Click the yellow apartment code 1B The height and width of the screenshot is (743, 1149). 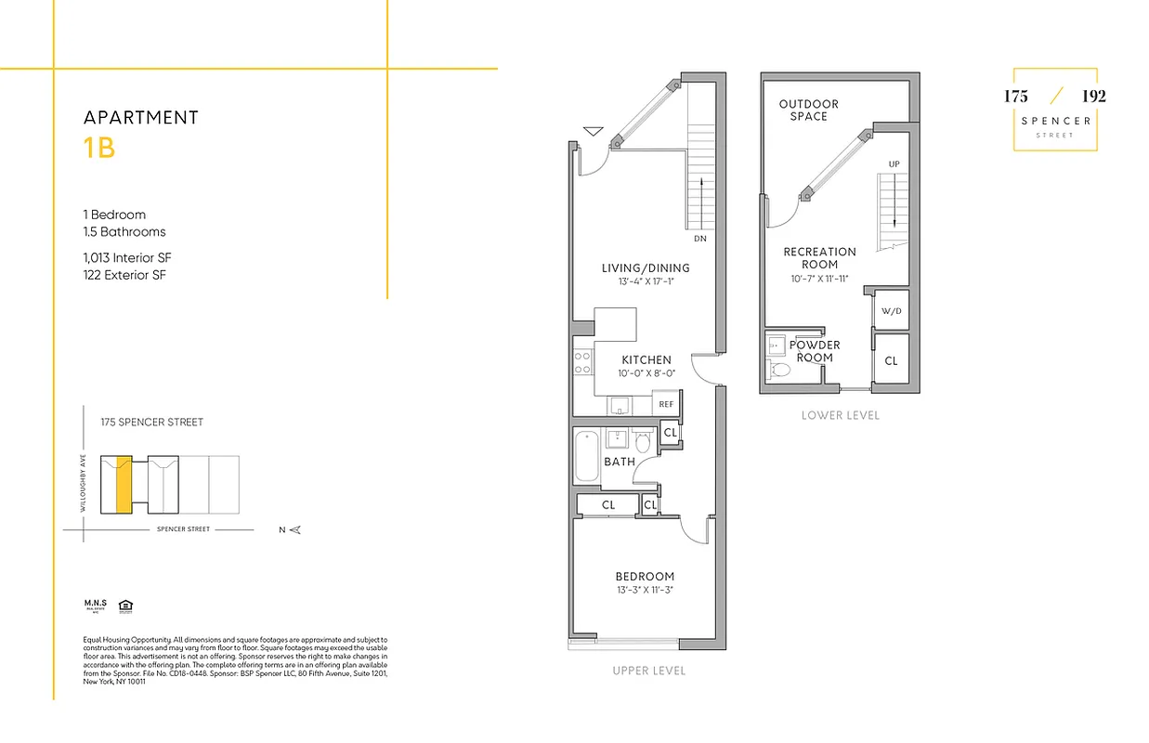pyautogui.click(x=99, y=149)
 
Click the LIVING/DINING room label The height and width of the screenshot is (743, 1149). pyautogui.click(x=646, y=268)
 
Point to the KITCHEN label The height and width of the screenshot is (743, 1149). pyautogui.click(x=646, y=360)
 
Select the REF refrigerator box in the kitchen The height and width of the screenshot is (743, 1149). pyautogui.click(x=666, y=404)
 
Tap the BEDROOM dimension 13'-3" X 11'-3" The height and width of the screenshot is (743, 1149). pyautogui.click(x=645, y=590)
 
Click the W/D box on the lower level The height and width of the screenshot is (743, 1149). pyautogui.click(x=891, y=311)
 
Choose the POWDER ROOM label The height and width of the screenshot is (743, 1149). pyautogui.click(x=815, y=351)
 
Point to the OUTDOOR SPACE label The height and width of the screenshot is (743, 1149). pyautogui.click(x=808, y=110)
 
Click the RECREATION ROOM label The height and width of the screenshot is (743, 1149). pyautogui.click(x=819, y=257)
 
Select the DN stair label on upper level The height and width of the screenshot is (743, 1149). pyautogui.click(x=699, y=239)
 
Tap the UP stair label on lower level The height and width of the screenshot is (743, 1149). pyautogui.click(x=894, y=164)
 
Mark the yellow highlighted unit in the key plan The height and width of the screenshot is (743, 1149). pyautogui.click(x=123, y=484)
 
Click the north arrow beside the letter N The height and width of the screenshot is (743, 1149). pyautogui.click(x=295, y=529)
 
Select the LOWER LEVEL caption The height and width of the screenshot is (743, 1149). pyautogui.click(x=840, y=415)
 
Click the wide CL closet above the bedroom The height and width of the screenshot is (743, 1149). pyautogui.click(x=607, y=505)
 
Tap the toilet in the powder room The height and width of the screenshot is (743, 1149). pyautogui.click(x=780, y=370)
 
